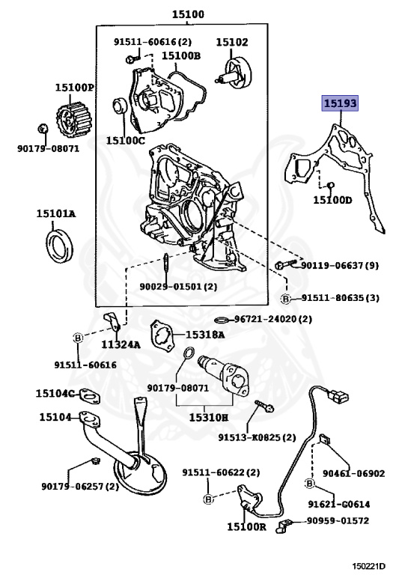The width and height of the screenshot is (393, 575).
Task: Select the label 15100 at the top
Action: pyautogui.click(x=188, y=14)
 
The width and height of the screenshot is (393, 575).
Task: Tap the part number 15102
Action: pyautogui.click(x=232, y=43)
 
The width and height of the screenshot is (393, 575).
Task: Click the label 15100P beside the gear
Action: pyautogui.click(x=74, y=88)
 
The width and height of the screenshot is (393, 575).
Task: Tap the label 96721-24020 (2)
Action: pyautogui.click(x=272, y=318)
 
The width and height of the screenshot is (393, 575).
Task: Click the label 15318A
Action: pyautogui.click(x=205, y=335)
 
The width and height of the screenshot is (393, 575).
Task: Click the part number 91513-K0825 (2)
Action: pyautogui.click(x=257, y=436)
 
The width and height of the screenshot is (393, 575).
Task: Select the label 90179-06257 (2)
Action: pyautogui.click(x=79, y=487)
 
